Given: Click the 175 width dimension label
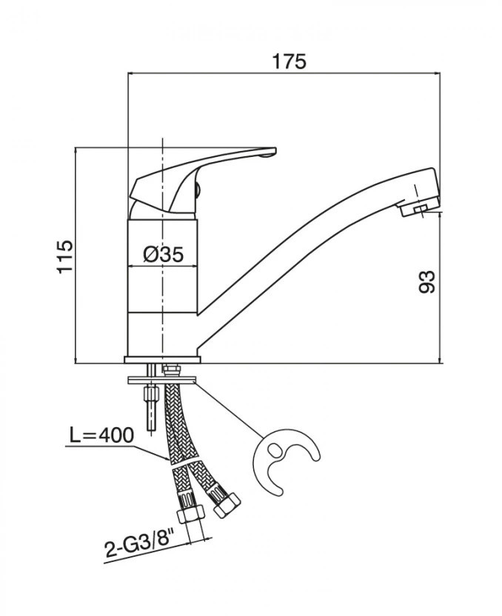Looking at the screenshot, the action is (289, 61).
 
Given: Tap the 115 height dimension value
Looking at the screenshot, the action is (65, 256).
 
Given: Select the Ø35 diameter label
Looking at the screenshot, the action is (164, 255).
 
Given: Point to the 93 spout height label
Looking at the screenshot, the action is (427, 281).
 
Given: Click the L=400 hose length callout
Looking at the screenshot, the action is (101, 435).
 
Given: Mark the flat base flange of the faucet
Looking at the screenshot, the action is (162, 360).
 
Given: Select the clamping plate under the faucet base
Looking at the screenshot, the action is (162, 381).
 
